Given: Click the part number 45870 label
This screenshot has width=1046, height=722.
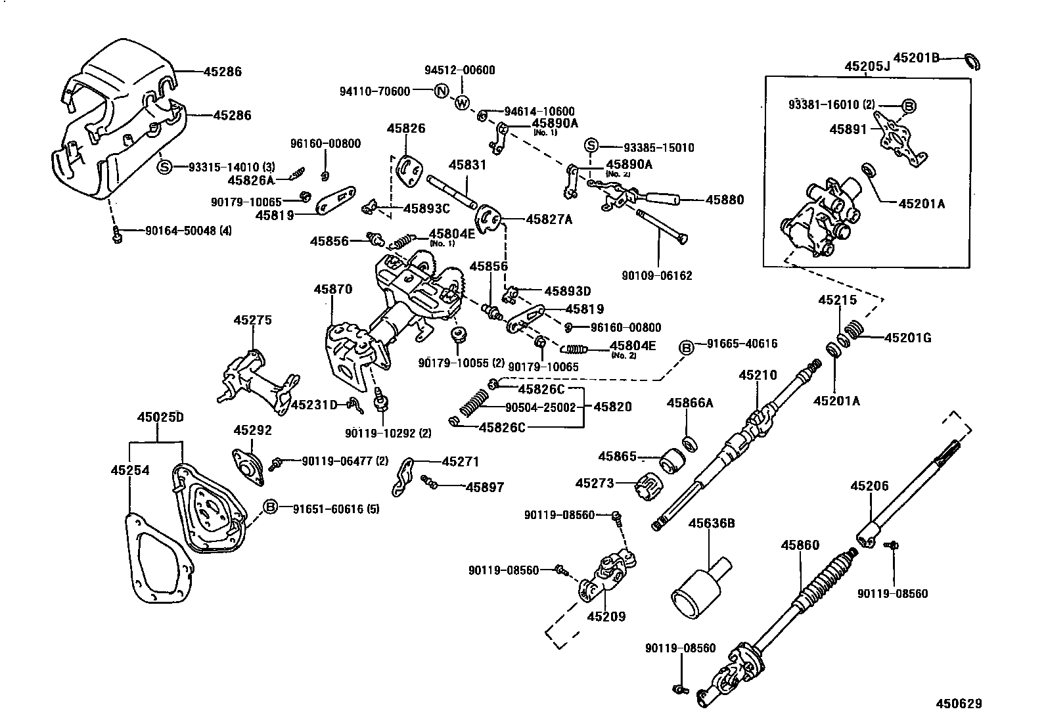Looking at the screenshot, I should [x=332, y=289].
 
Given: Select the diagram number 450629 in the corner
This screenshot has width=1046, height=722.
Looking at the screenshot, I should [x=959, y=704].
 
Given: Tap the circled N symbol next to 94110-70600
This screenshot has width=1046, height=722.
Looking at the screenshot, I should [x=442, y=91].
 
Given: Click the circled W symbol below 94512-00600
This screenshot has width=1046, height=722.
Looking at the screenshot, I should [x=462, y=103].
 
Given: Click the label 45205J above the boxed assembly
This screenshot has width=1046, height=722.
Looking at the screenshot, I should [x=867, y=66].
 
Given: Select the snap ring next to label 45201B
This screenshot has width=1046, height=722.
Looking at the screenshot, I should [x=972, y=61].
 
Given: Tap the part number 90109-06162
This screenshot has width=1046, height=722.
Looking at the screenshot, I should [x=658, y=276].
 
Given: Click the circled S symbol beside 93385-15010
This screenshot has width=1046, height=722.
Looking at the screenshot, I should [x=591, y=146].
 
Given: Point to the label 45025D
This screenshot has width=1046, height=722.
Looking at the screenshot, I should [x=160, y=417].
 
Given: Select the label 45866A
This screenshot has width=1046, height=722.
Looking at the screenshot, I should [x=690, y=403].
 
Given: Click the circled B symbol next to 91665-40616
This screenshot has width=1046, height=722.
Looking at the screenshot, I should [x=686, y=348].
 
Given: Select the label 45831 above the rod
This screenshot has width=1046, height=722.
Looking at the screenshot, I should [x=467, y=165].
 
